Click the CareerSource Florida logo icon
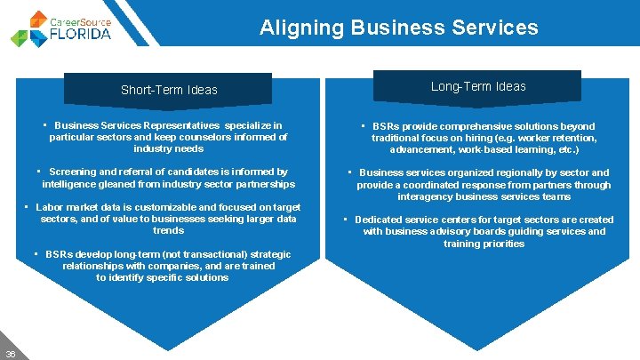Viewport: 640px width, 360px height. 30,28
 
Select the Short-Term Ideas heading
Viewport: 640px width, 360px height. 169,90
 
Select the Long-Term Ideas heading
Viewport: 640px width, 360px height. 478,86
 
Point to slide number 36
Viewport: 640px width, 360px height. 11,352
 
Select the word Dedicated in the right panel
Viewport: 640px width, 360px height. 380,220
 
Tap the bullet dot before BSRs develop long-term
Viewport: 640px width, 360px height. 36,254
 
